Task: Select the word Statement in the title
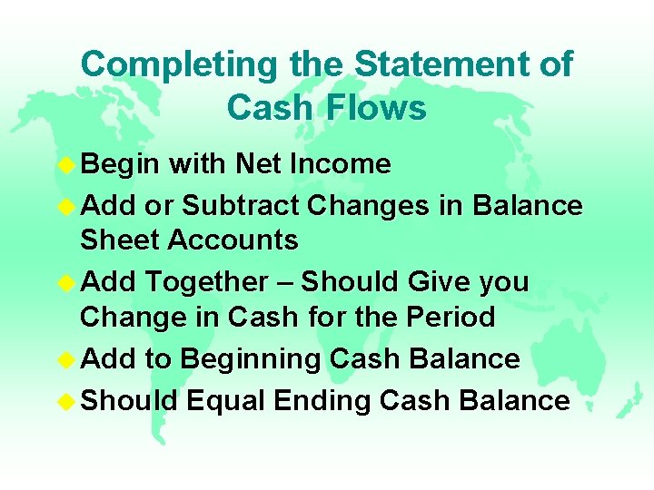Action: pos(440,64)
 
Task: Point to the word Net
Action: pos(257,164)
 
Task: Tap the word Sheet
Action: pos(119,240)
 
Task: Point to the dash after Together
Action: pos(285,283)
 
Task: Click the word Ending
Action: pos(330,401)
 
